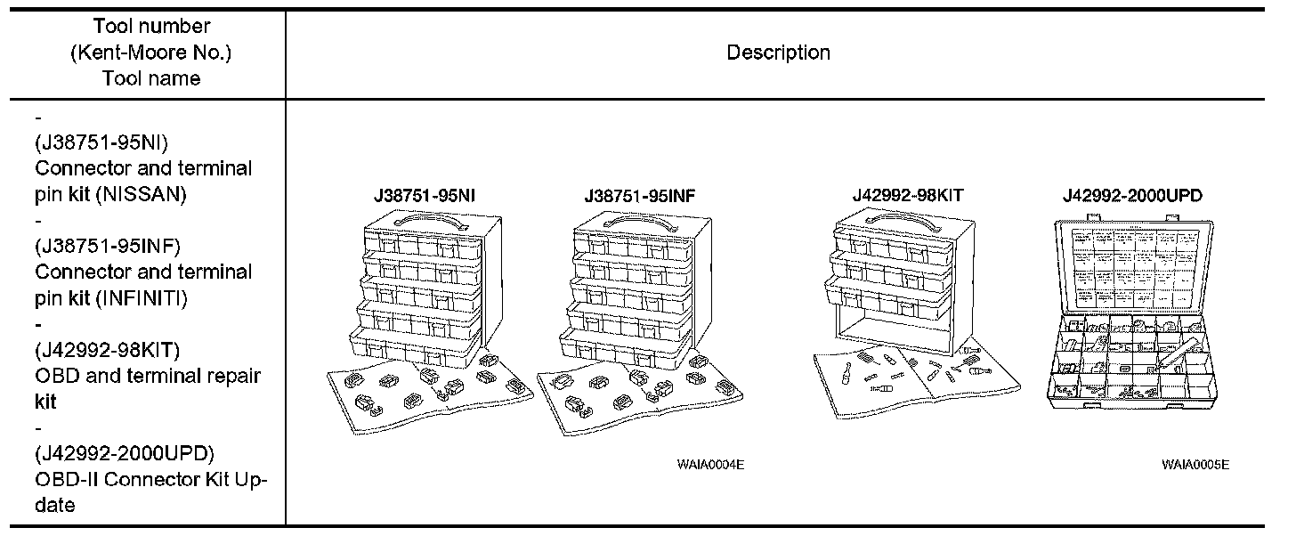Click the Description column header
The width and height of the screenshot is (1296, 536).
[x=778, y=53]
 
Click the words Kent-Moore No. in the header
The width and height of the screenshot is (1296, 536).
[x=150, y=53]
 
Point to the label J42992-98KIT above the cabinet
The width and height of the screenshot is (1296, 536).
[x=908, y=196]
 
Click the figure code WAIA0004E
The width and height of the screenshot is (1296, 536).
[x=709, y=465]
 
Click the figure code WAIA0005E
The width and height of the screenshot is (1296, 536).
[x=1195, y=465]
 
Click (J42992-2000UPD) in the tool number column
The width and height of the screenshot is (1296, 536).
[x=125, y=453]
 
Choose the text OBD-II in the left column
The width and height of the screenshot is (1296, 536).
[x=64, y=480]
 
